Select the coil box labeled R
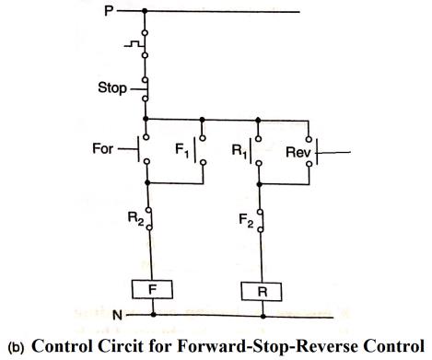click(x=263, y=292)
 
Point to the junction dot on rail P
click(x=146, y=12)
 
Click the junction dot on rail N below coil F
click(x=152, y=315)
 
